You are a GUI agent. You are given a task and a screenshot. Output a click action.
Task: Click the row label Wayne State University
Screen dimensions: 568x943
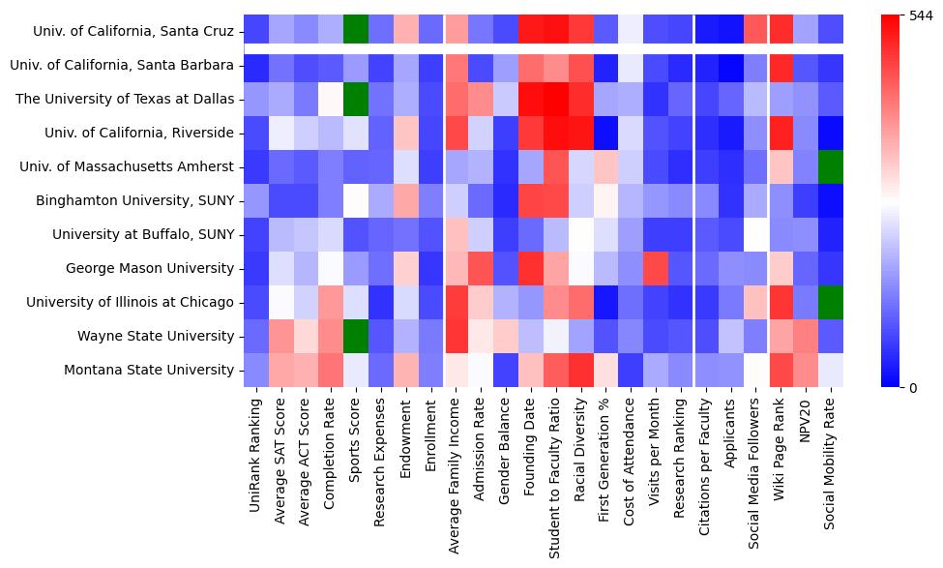(157, 337)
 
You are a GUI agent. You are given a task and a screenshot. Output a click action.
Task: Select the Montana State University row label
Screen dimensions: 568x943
(149, 371)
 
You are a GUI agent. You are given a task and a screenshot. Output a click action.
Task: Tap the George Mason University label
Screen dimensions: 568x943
(150, 269)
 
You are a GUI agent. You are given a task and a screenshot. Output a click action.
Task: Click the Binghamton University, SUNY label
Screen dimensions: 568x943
(135, 201)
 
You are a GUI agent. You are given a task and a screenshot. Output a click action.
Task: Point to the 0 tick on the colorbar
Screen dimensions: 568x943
(914, 388)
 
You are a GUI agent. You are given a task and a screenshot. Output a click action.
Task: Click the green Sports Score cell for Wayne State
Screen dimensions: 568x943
(356, 337)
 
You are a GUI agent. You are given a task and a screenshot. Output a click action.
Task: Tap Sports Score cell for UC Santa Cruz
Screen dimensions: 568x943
(356, 31)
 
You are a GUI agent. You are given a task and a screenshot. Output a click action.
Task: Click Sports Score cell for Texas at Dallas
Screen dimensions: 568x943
(356, 99)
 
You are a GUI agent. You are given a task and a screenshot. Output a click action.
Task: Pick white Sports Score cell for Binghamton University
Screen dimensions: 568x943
(356, 201)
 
